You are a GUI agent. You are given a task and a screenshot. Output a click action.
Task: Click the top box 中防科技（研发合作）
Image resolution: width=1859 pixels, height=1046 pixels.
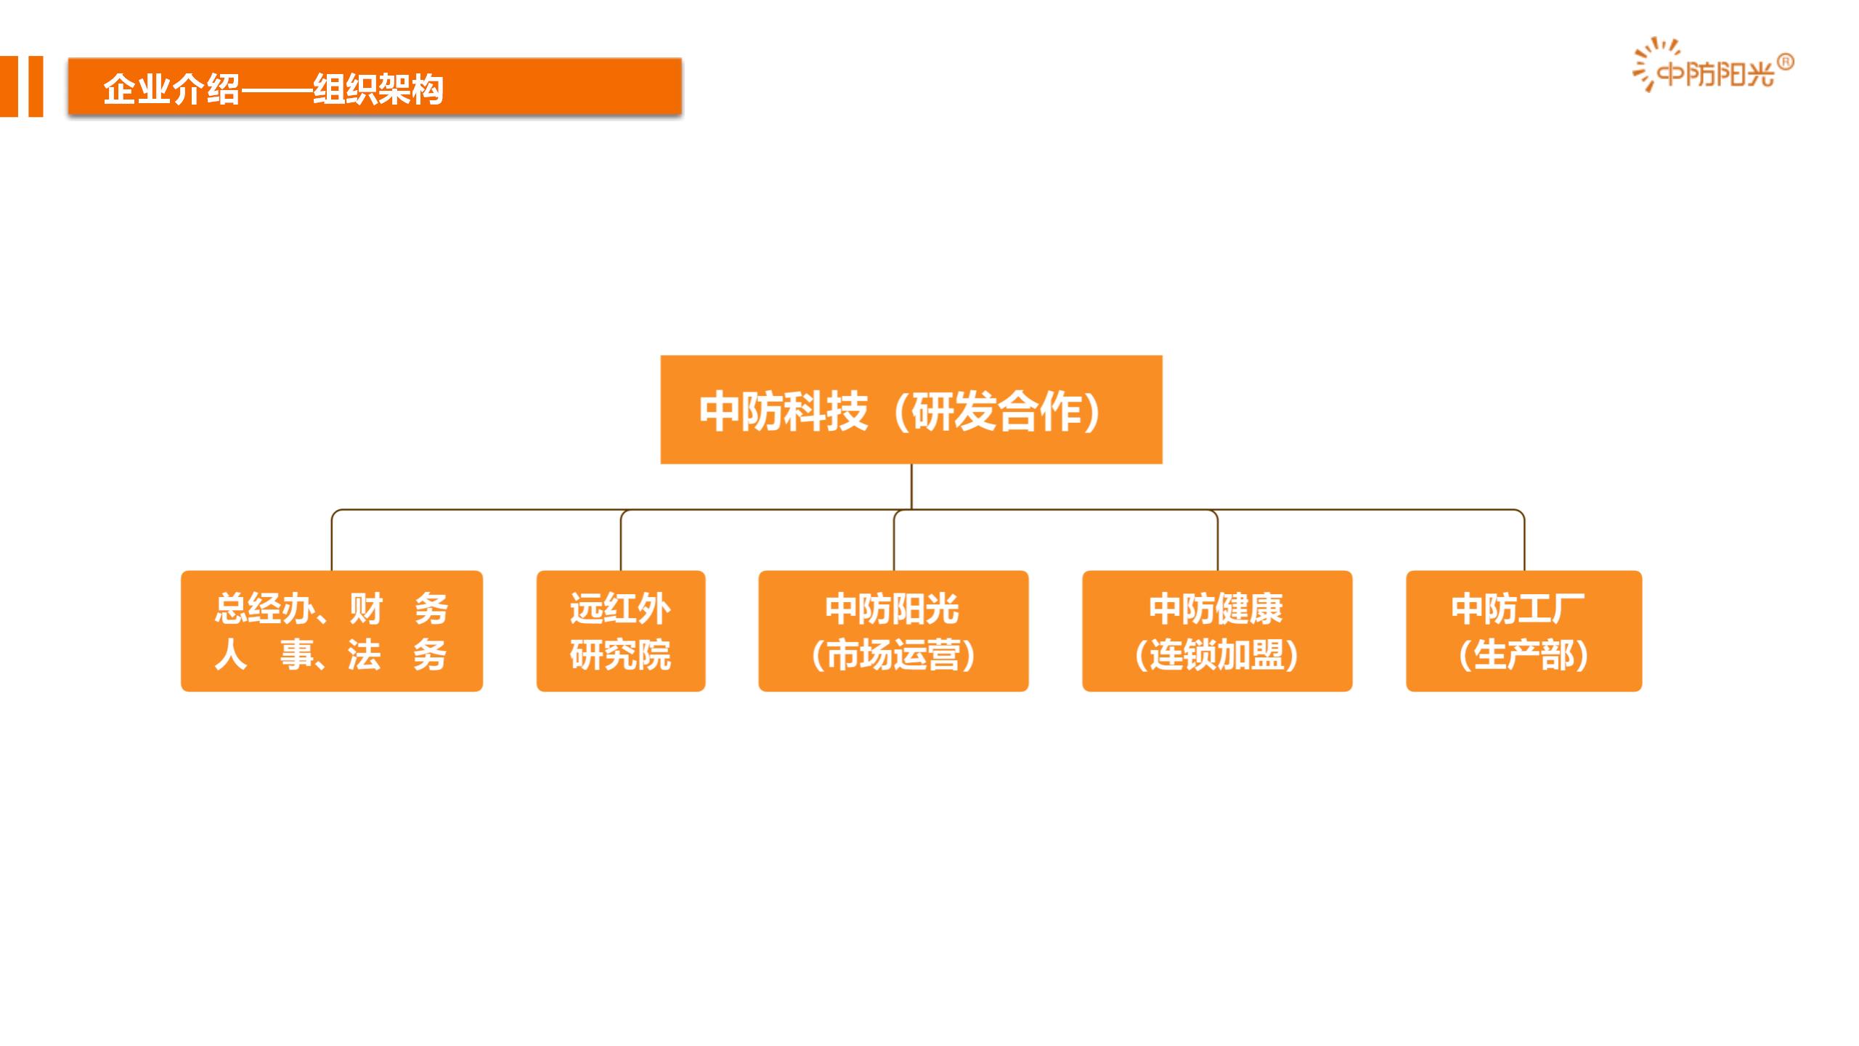tap(911, 410)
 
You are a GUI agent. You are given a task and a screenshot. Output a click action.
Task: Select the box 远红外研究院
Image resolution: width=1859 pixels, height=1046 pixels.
tap(621, 631)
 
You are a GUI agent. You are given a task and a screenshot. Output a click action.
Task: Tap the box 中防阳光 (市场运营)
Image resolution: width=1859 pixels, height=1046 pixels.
tap(893, 631)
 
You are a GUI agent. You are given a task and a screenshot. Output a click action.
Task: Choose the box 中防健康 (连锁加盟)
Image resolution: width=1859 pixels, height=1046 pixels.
tap(1217, 631)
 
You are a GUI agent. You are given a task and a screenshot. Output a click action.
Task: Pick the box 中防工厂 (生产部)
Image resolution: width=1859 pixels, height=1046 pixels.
tap(1524, 631)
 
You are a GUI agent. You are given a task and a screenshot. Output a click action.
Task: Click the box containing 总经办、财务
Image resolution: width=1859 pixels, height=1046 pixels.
tap(332, 631)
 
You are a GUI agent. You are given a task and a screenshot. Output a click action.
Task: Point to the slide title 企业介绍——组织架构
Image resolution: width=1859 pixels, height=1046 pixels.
tap(273, 90)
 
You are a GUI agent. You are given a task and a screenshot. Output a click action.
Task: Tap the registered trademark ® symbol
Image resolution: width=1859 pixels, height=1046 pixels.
tap(1786, 62)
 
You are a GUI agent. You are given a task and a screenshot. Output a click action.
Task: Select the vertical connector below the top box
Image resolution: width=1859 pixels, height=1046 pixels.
tap(911, 487)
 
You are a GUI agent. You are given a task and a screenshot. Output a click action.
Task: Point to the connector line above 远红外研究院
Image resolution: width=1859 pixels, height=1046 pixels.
tap(621, 540)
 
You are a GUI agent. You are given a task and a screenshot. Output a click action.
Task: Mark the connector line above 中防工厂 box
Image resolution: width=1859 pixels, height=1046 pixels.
tap(1524, 540)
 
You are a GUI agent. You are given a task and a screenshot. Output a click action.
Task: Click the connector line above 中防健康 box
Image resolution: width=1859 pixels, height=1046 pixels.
tap(1217, 540)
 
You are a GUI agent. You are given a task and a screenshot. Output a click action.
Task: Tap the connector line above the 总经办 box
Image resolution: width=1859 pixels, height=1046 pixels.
tap(332, 540)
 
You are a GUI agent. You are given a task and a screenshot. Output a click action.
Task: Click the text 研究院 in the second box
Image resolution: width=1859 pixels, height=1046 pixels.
tap(620, 655)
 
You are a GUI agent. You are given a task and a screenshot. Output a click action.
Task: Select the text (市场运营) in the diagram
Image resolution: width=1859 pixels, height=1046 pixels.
tap(893, 655)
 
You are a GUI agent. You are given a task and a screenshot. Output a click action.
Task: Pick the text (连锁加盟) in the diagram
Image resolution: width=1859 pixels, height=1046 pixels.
tap(1217, 655)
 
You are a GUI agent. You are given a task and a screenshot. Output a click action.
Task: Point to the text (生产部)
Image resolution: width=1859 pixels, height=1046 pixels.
tap(1524, 655)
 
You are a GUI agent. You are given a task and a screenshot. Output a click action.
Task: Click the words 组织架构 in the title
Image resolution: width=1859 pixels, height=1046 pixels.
tap(378, 90)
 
